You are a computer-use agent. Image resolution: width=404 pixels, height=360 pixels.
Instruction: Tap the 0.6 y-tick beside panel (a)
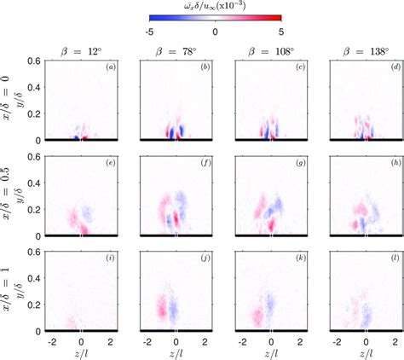37,61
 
